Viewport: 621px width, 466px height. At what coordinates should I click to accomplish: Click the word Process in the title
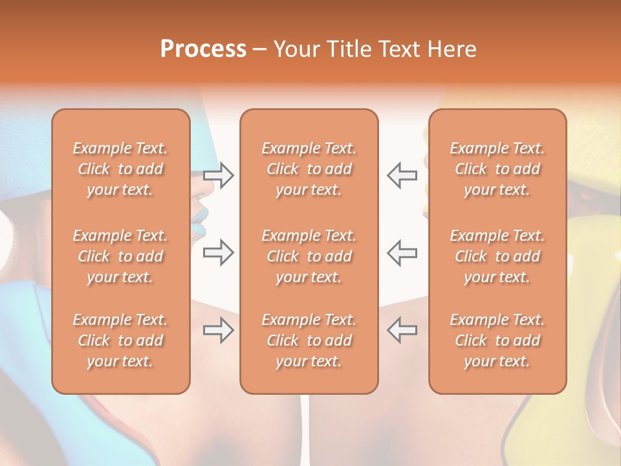pyautogui.click(x=203, y=49)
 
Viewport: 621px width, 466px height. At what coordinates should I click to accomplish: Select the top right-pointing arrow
pyautogui.click(x=218, y=175)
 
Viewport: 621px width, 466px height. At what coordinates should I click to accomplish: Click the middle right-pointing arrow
pyautogui.click(x=218, y=252)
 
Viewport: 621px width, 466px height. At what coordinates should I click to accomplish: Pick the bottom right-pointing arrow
pyautogui.click(x=218, y=331)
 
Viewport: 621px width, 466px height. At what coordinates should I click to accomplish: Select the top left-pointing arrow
pyautogui.click(x=402, y=175)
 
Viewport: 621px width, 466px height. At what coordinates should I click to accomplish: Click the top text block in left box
pyautogui.click(x=120, y=169)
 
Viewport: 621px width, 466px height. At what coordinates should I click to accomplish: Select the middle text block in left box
pyautogui.click(x=120, y=256)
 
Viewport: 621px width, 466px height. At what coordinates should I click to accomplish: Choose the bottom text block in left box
pyautogui.click(x=120, y=340)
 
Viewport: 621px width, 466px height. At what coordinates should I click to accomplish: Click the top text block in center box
pyautogui.click(x=309, y=169)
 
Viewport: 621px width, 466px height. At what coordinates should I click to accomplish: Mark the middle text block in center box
pyautogui.click(x=309, y=256)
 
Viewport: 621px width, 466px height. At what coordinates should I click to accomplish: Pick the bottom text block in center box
pyautogui.click(x=309, y=340)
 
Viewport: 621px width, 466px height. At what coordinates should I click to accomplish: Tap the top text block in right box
pyautogui.click(x=497, y=169)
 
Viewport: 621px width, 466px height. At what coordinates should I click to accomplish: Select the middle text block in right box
pyautogui.click(x=497, y=256)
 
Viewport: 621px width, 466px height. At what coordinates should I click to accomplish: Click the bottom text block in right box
pyautogui.click(x=497, y=340)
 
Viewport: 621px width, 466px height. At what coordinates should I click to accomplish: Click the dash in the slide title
pyautogui.click(x=259, y=50)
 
